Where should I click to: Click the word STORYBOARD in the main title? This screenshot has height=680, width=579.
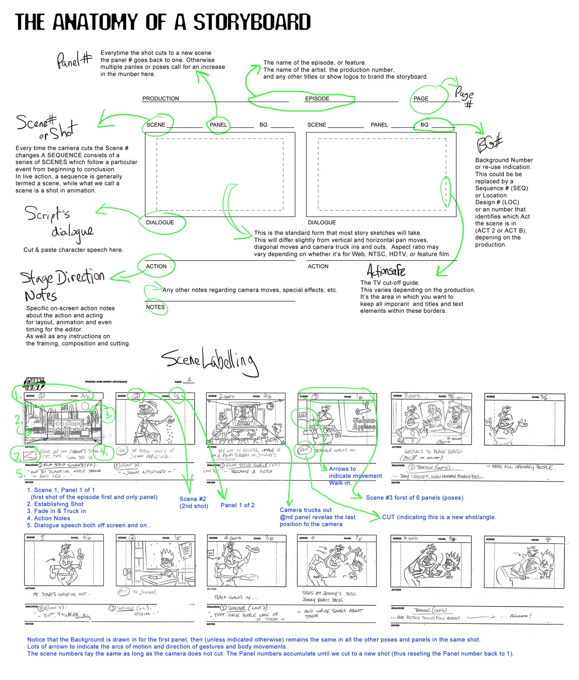pyautogui.click(x=252, y=22)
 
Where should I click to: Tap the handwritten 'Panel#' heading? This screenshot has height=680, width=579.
pyautogui.click(x=74, y=60)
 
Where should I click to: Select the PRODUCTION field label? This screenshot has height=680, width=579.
pyautogui.click(x=161, y=99)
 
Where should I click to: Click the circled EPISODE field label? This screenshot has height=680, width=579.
pyautogui.click(x=317, y=99)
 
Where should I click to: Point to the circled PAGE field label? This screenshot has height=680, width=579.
pyautogui.click(x=421, y=99)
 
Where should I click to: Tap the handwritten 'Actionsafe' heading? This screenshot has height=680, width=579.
pyautogui.click(x=386, y=270)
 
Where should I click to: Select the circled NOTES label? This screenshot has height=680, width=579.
pyautogui.click(x=155, y=307)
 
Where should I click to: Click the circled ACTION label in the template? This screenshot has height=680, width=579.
pyautogui.click(x=156, y=266)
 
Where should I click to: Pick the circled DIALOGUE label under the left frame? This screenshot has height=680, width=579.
pyautogui.click(x=160, y=222)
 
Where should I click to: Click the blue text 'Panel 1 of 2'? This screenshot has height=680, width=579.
pyautogui.click(x=237, y=505)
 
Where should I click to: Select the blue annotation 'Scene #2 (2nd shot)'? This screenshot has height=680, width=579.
pyautogui.click(x=194, y=502)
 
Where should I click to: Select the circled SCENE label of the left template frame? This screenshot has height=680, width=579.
pyautogui.click(x=156, y=125)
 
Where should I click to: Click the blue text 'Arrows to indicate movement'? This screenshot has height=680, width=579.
pyautogui.click(x=355, y=473)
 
